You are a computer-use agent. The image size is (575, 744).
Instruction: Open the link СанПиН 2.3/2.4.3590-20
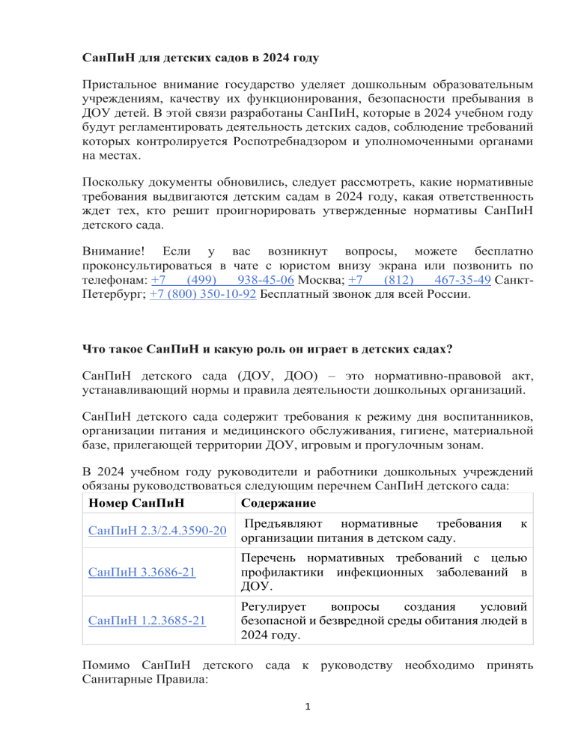coord(157,531)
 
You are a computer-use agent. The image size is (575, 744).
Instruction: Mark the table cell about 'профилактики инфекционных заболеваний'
coord(383,573)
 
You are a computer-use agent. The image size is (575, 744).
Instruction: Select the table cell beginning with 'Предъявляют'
coord(383,531)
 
